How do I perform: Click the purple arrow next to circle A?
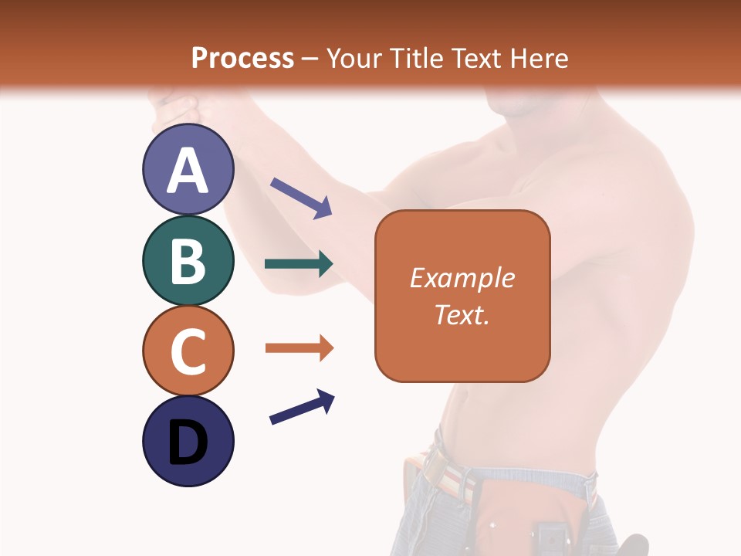[302, 198]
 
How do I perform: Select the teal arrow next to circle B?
[299, 264]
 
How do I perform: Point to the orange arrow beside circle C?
[299, 348]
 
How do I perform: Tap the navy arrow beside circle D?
[302, 407]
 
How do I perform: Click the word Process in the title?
[242, 58]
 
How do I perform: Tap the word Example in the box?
[462, 278]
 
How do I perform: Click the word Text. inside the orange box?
[462, 315]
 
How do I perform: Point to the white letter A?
[188, 170]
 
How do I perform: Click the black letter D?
[188, 442]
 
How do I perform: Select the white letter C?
[188, 351]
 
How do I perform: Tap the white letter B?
[188, 261]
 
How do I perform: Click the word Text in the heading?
[476, 58]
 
